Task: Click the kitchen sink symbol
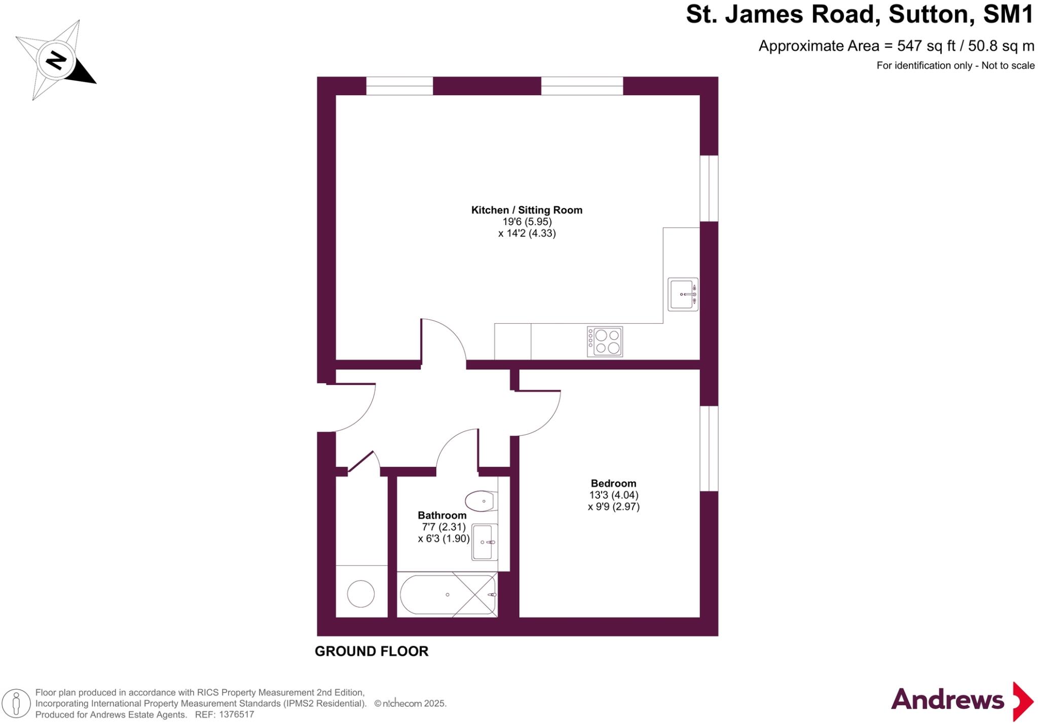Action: pyautogui.click(x=682, y=294)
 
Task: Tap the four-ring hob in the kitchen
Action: pyautogui.click(x=605, y=341)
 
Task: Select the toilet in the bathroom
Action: pyautogui.click(x=480, y=501)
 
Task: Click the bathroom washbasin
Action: pyautogui.click(x=485, y=542)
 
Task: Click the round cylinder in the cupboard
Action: pyautogui.click(x=361, y=594)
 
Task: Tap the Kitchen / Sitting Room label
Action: pyautogui.click(x=527, y=210)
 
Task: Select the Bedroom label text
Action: pyautogui.click(x=613, y=483)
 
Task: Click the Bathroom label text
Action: pyautogui.click(x=442, y=515)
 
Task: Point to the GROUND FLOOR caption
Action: pyautogui.click(x=372, y=652)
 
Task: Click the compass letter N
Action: pyautogui.click(x=56, y=61)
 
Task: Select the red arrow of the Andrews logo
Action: pyautogui.click(x=1022, y=701)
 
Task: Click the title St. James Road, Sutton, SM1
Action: pyautogui.click(x=859, y=15)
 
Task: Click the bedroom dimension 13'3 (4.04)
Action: pyautogui.click(x=613, y=495)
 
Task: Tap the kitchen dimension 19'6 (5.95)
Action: pyautogui.click(x=527, y=222)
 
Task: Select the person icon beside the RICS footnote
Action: pyautogui.click(x=16, y=704)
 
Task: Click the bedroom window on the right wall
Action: pyautogui.click(x=709, y=448)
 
